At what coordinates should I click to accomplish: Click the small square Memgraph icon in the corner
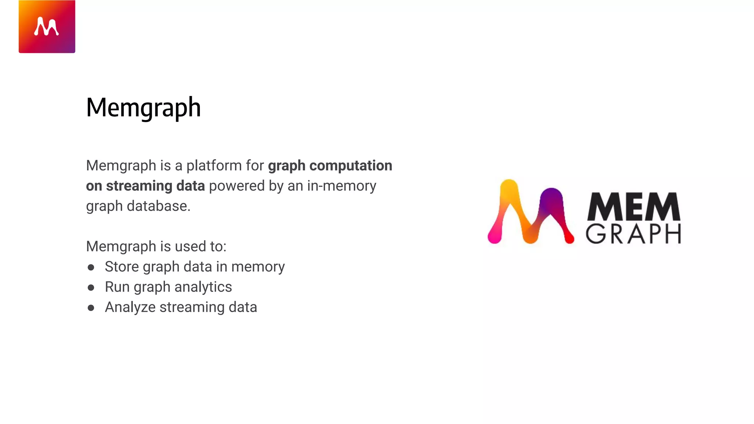click(47, 26)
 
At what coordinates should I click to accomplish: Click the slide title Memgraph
click(143, 107)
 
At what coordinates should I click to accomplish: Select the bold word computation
click(350, 166)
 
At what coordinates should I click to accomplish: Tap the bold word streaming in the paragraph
click(139, 186)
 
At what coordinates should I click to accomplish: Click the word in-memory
click(341, 186)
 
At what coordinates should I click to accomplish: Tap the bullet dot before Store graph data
click(91, 267)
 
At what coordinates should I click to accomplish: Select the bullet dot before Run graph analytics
click(91, 287)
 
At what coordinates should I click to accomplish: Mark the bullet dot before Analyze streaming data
click(91, 308)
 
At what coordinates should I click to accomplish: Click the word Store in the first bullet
click(121, 267)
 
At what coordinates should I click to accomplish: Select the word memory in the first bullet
click(258, 267)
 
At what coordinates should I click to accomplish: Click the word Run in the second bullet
click(117, 287)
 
